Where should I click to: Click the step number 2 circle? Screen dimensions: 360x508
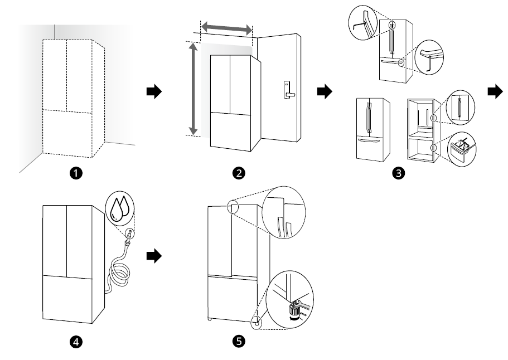(x=239, y=174)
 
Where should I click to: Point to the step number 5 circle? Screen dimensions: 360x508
(x=239, y=342)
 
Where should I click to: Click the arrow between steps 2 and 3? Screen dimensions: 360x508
(x=323, y=91)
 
